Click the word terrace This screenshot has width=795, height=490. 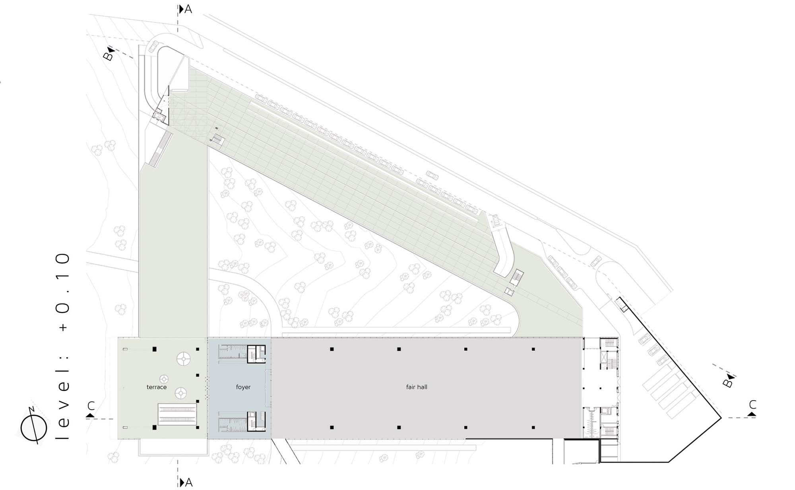(x=157, y=387)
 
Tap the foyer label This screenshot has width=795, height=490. (x=243, y=387)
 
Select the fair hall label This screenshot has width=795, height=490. (x=417, y=387)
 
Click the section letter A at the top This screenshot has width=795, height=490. (x=188, y=9)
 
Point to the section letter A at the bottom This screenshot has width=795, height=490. (x=189, y=482)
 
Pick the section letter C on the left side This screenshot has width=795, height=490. (x=91, y=406)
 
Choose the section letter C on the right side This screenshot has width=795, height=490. (x=752, y=405)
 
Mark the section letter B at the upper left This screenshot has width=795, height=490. (x=108, y=56)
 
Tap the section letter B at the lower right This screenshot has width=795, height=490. (x=727, y=383)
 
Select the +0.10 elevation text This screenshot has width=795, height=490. (x=63, y=292)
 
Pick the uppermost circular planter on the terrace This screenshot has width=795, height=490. (x=183, y=359)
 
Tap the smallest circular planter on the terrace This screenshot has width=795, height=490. (x=164, y=379)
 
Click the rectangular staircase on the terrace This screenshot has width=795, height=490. (x=178, y=414)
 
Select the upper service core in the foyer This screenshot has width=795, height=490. (x=242, y=354)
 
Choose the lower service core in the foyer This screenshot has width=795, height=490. (x=242, y=421)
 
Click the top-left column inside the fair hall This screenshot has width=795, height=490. (x=332, y=349)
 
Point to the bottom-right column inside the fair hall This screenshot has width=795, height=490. (x=533, y=428)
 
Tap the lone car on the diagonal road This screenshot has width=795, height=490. (x=432, y=175)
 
